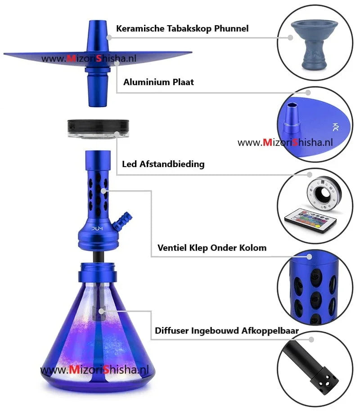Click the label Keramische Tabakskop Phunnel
[182, 28]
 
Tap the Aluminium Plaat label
[158, 82]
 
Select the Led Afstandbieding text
[163, 164]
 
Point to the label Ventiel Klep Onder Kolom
[212, 248]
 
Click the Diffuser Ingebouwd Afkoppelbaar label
[227, 331]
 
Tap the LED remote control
[310, 220]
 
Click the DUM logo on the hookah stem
[97, 228]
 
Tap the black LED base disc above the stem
[98, 128]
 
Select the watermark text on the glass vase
[94, 370]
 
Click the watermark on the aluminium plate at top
[89, 58]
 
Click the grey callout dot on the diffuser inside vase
[101, 311]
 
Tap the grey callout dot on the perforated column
[103, 191]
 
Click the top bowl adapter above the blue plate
[97, 36]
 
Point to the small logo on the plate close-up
[336, 127]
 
